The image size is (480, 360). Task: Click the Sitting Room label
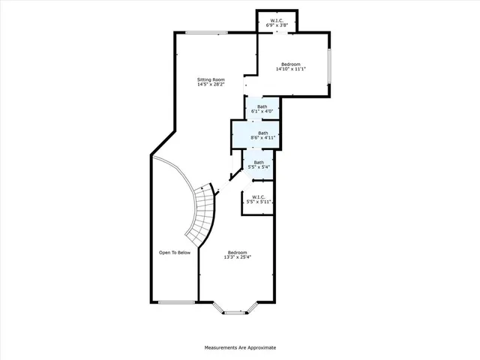point(211,79)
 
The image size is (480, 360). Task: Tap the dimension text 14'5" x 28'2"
point(211,85)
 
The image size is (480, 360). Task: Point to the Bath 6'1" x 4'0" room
point(262,109)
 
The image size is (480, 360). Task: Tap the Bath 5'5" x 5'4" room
point(258,165)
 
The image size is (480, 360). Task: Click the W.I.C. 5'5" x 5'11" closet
point(259,199)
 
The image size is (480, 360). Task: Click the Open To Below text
point(174,253)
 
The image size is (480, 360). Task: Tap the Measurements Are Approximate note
point(240,348)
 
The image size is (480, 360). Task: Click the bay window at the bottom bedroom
point(235,311)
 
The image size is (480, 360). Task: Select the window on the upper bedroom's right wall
point(328,67)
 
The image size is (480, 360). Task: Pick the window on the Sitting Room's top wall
point(202,32)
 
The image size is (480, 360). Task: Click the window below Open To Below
point(174,301)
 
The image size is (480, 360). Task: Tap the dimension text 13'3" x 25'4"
point(237,258)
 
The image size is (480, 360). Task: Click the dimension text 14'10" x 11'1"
point(291,70)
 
